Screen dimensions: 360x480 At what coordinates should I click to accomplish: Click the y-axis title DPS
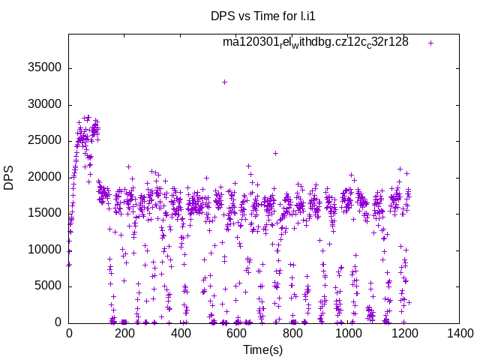pyautogui.click(x=9, y=177)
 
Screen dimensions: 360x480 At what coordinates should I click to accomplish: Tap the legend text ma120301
pyautogui.click(x=315, y=42)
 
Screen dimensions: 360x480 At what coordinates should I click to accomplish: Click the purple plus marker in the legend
pyautogui.click(x=430, y=43)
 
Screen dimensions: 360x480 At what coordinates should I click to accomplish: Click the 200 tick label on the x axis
pyautogui.click(x=125, y=334)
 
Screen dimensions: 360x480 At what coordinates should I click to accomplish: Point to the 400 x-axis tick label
pyautogui.click(x=181, y=334)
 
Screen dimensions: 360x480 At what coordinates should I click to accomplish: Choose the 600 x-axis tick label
pyautogui.click(x=236, y=334)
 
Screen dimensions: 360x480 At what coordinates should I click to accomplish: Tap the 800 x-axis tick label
pyautogui.click(x=292, y=334)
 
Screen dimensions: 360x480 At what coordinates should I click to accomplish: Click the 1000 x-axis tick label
pyautogui.click(x=348, y=334)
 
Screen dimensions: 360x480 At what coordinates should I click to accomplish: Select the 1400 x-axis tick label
pyautogui.click(x=459, y=334)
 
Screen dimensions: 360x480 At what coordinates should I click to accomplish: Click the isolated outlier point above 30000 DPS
pyautogui.click(x=224, y=82)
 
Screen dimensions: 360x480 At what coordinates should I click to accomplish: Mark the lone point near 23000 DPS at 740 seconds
pyautogui.click(x=275, y=154)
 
